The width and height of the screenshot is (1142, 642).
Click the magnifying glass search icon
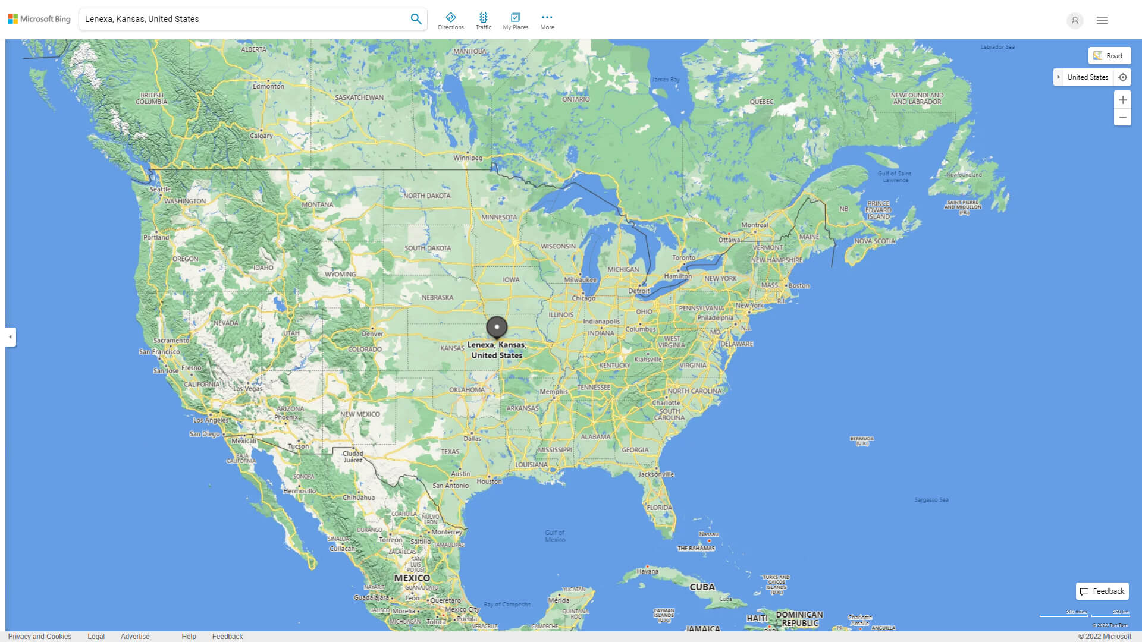coord(416,19)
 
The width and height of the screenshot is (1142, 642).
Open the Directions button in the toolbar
coord(451,21)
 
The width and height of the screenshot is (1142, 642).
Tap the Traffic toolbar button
coord(484,21)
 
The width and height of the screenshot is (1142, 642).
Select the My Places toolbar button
coord(515,21)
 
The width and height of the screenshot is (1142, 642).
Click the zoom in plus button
coord(1122,100)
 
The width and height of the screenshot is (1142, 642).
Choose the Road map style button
coord(1109,56)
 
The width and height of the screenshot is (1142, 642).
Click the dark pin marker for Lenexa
coord(497,327)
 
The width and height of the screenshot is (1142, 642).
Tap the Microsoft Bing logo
coord(39,19)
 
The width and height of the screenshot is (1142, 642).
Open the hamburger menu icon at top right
coord(1102,20)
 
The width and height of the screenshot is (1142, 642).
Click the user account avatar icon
coord(1075,20)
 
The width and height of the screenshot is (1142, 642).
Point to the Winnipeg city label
coord(468,158)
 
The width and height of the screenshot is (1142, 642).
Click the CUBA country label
coord(702,587)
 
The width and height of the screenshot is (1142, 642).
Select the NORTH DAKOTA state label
coord(427,196)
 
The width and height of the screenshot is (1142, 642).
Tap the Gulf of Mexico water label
coord(555,536)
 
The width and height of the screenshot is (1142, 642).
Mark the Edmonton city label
coord(268,86)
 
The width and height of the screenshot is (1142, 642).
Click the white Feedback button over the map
coord(1102,591)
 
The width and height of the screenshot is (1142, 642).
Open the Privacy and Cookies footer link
coord(40,636)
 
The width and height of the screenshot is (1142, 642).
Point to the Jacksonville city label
coord(656,474)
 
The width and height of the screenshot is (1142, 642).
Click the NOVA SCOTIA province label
coord(874,241)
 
